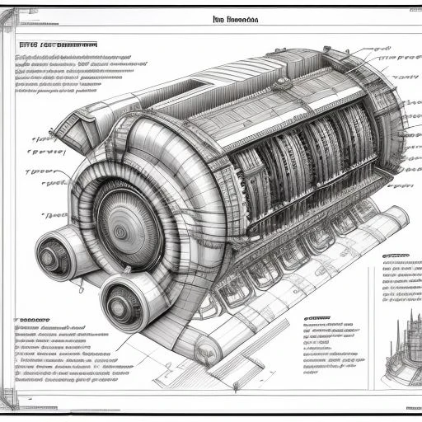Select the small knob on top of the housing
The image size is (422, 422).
(283, 82)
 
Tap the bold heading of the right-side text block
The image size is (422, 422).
(396, 257)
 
